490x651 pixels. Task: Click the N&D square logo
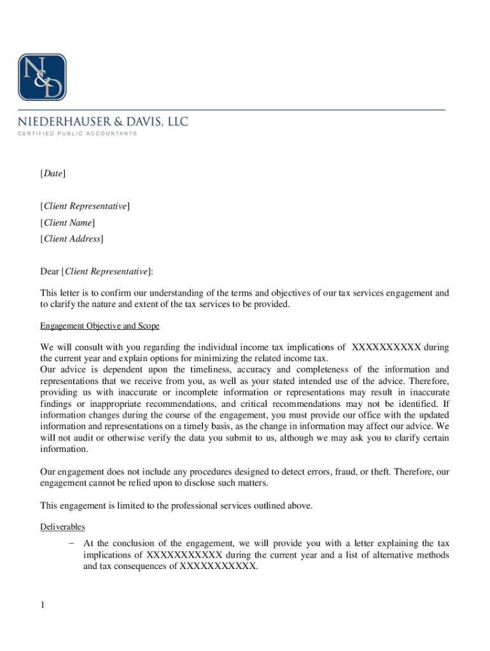[x=42, y=77]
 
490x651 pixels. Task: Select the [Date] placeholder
[x=52, y=174]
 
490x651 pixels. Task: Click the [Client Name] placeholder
[x=67, y=223]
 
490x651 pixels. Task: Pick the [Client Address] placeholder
[x=71, y=239]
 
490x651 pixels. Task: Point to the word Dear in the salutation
[x=49, y=272]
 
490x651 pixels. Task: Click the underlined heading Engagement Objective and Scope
[x=100, y=326]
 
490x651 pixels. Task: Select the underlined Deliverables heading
[x=62, y=527]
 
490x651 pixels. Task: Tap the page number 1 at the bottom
[x=42, y=605]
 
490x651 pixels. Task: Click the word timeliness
[x=214, y=369]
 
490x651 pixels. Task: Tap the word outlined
[x=263, y=505]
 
